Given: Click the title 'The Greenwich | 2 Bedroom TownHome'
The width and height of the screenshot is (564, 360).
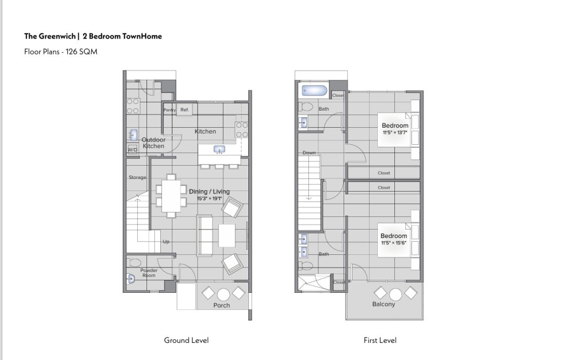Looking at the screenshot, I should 93,36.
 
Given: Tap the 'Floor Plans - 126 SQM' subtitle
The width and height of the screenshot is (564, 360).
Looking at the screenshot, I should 61,52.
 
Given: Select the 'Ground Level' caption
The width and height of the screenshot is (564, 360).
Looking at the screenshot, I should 186,340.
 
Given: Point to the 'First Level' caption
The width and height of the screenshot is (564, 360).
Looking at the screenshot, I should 379,340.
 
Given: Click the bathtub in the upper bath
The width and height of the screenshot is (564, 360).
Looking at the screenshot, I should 313,91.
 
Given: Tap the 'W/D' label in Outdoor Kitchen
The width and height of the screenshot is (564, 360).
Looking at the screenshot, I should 132,150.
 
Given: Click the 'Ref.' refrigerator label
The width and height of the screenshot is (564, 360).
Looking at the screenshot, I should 185,110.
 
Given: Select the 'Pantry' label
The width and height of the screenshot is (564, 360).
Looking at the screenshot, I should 170,110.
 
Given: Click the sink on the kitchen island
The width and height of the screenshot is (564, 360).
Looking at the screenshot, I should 219,150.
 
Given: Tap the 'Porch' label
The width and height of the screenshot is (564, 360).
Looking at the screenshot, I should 221,306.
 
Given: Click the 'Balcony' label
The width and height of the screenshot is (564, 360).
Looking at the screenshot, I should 383,304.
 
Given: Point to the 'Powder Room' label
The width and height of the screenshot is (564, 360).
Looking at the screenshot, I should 149,273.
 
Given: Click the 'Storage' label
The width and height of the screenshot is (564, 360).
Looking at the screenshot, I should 137,177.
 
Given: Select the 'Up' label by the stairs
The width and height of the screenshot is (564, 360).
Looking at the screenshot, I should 166,242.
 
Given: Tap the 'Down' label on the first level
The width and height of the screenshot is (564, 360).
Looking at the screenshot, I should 309,153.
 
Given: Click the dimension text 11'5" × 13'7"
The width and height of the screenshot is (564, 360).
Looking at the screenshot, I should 394,133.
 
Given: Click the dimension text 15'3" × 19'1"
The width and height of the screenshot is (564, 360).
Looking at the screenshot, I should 209,199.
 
